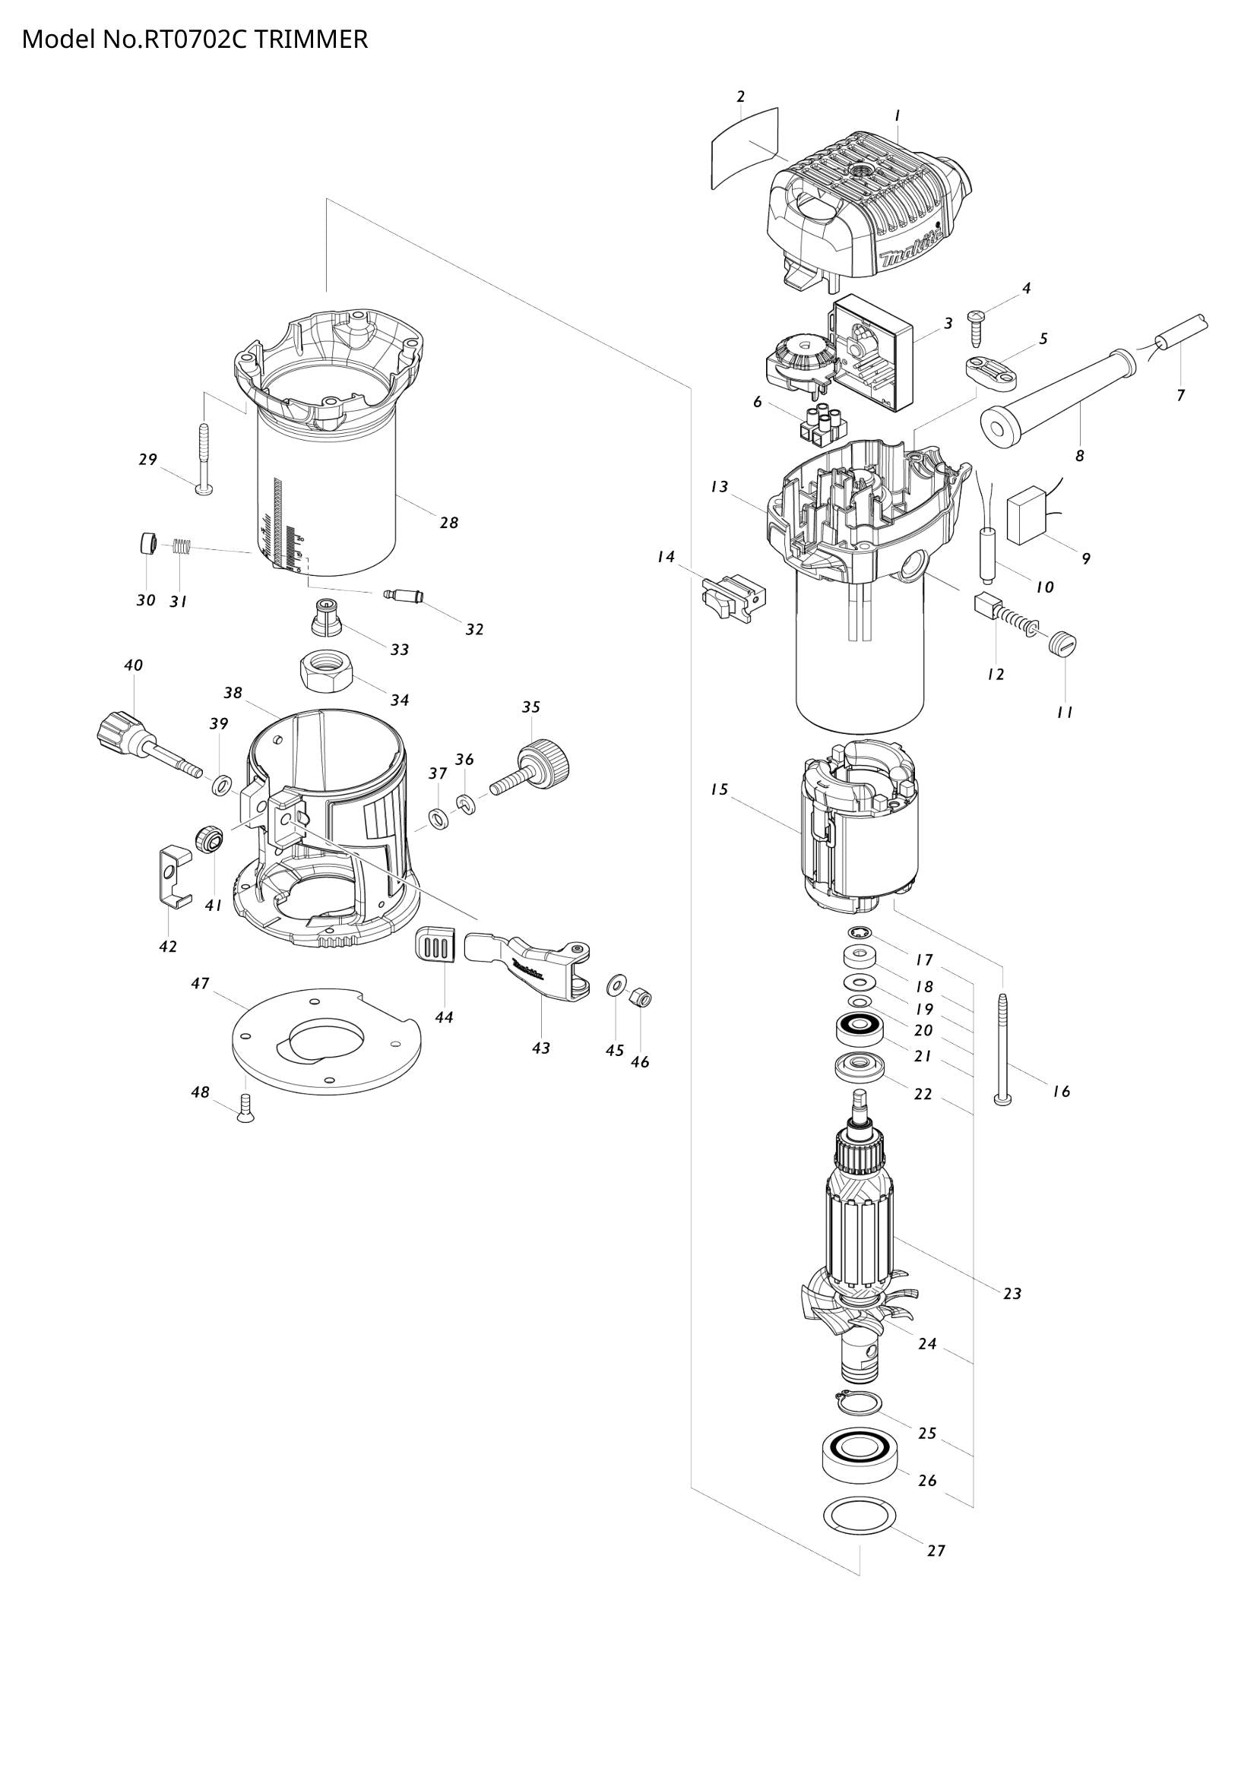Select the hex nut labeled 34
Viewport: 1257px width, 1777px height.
[326, 672]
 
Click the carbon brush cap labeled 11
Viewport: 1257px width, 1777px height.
[1064, 643]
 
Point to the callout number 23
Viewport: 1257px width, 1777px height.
[1012, 1293]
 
